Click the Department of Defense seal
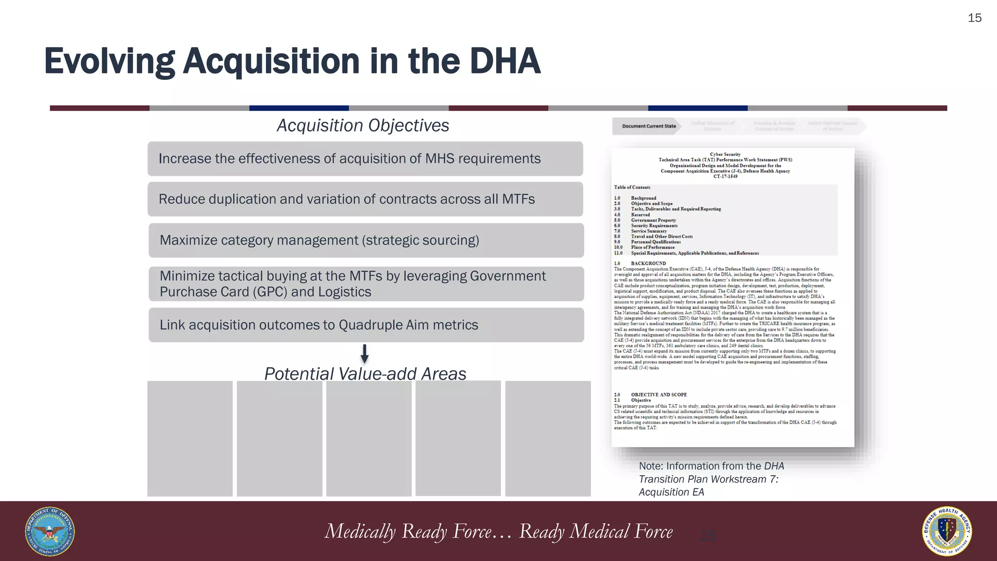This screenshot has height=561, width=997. (x=50, y=531)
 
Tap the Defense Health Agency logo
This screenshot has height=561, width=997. (x=947, y=531)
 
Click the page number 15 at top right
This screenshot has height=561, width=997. (x=974, y=18)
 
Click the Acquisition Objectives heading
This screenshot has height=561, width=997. (x=363, y=126)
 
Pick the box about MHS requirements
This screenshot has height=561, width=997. (x=365, y=159)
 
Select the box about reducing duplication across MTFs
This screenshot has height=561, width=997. (x=365, y=199)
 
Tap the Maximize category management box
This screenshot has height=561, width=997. (x=366, y=240)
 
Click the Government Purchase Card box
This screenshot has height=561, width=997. (x=366, y=284)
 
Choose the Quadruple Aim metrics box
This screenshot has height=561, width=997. (x=366, y=325)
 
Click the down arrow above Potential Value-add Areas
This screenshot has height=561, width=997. (x=364, y=354)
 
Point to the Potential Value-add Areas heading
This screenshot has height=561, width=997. (x=365, y=374)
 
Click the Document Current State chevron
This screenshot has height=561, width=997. (x=648, y=126)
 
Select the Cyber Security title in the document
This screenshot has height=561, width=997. (x=725, y=154)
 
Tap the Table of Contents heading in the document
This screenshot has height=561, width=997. (x=632, y=187)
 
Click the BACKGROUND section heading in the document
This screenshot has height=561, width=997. (x=648, y=263)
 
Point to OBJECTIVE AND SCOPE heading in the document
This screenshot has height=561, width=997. (x=659, y=394)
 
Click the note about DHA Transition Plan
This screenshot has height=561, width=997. (x=711, y=479)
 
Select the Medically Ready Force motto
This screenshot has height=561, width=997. (x=498, y=531)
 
